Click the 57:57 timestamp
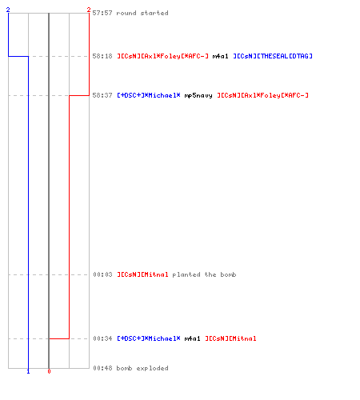tap(102, 13)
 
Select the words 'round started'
tap(142, 13)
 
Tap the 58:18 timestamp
tap(102, 56)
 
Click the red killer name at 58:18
tap(163, 56)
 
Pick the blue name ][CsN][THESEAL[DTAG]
tap(273, 56)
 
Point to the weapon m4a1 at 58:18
tap(220, 56)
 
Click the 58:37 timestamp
tap(102, 95)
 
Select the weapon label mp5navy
tap(198, 95)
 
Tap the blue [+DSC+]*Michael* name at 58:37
tap(149, 95)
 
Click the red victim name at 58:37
tap(263, 95)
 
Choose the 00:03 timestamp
tap(102, 274)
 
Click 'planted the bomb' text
tap(204, 274)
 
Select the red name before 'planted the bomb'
tap(143, 274)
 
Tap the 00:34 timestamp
tap(102, 338)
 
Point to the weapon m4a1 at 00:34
tap(192, 338)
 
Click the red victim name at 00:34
tap(230, 338)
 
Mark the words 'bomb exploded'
tap(142, 368)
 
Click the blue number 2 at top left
tap(8, 10)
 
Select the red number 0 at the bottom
tap(49, 371)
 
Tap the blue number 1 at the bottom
tap(28, 371)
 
